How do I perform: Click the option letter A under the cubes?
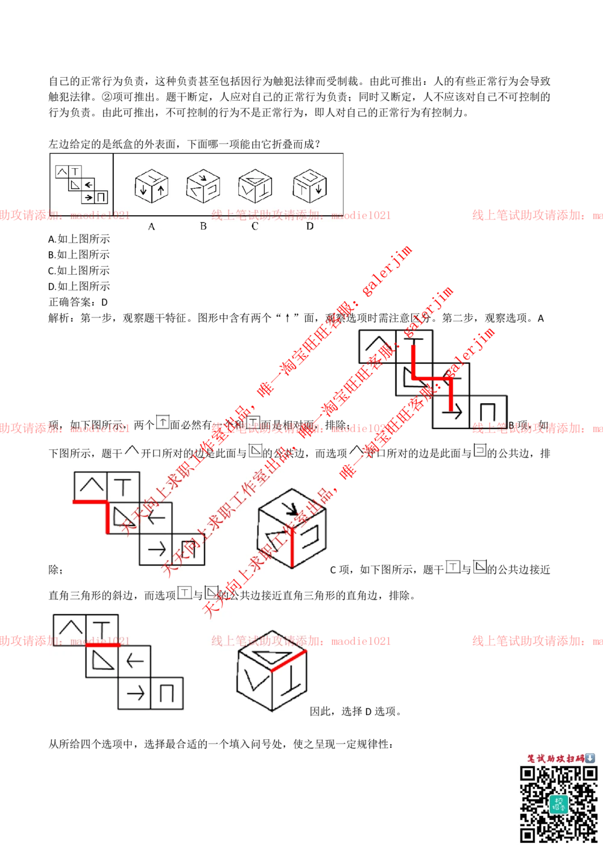pyautogui.click(x=151, y=227)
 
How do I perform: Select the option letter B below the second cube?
pyautogui.click(x=203, y=226)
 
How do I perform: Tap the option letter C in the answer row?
pyautogui.click(x=254, y=227)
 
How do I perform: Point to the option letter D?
pyautogui.click(x=309, y=226)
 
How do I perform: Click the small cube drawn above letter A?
pyautogui.click(x=151, y=186)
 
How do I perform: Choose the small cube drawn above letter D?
pyautogui.click(x=309, y=186)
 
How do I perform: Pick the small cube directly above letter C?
pyautogui.click(x=255, y=186)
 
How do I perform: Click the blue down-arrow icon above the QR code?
pyautogui.click(x=590, y=758)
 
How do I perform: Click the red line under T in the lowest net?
pyautogui.click(x=103, y=645)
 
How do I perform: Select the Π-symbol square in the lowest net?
pyautogui.click(x=167, y=694)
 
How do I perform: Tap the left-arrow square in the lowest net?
pyautogui.click(x=134, y=662)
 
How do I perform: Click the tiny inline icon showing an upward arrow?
pyautogui.click(x=163, y=422)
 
